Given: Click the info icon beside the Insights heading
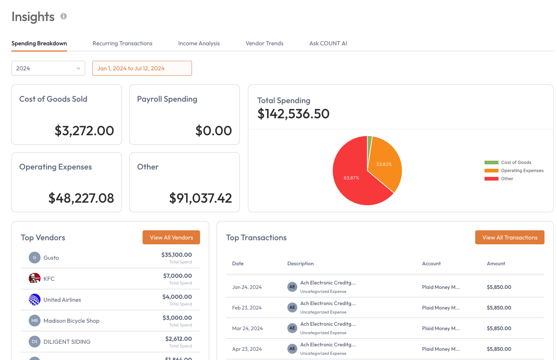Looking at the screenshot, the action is [64, 17].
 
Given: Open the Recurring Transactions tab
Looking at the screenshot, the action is [122, 43].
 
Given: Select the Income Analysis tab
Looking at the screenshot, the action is [199, 43].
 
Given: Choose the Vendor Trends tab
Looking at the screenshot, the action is [265, 43].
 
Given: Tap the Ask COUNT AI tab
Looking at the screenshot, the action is [328, 43].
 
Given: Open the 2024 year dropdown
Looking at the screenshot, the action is [48, 68].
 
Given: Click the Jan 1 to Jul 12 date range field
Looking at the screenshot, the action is [142, 68].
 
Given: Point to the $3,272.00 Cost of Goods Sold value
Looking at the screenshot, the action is [84, 130].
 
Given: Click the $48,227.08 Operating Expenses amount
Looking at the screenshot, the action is [81, 198].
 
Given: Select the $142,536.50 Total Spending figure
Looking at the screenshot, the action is [293, 114].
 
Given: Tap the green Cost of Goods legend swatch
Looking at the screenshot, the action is [491, 162].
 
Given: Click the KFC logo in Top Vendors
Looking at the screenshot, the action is [35, 279].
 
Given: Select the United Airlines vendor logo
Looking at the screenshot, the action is [35, 300].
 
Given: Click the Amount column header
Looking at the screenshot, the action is [496, 263].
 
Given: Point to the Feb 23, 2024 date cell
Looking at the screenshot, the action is [247, 308].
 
